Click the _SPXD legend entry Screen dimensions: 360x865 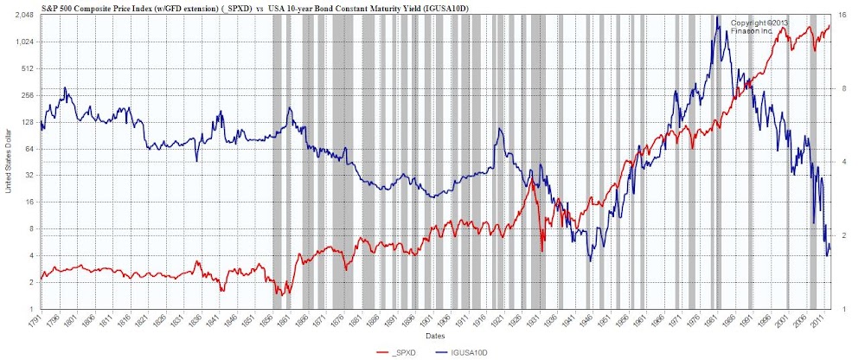(398, 353)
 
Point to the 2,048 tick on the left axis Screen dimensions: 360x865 (23, 16)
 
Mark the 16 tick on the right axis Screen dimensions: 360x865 (843, 16)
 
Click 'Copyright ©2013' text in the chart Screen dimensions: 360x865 (759, 22)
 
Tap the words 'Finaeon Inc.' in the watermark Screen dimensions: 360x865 (752, 30)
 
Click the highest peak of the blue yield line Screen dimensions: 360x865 (717, 17)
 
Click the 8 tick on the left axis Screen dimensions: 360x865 (30, 229)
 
